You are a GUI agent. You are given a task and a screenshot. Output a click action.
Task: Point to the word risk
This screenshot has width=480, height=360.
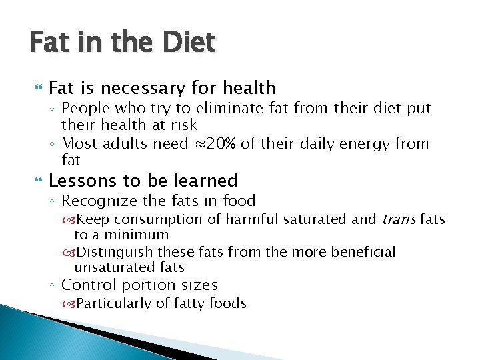(x=183, y=125)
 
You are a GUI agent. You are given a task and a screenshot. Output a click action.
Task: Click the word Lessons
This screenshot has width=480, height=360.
(x=77, y=181)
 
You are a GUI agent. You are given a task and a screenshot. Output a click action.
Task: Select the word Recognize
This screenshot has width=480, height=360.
(x=98, y=201)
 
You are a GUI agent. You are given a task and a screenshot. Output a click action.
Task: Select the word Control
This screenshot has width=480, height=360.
(x=87, y=285)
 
